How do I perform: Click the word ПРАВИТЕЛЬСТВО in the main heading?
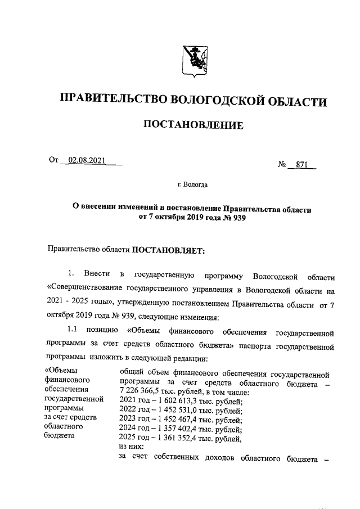tap(106, 101)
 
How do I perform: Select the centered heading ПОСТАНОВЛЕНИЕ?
tap(194, 124)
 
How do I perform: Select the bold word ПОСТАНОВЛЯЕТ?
tap(169, 249)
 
